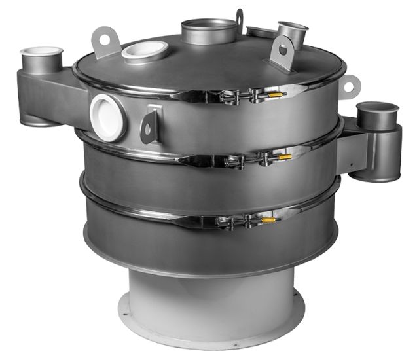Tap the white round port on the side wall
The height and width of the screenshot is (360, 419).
107,117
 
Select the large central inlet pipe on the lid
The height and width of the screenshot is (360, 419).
209,31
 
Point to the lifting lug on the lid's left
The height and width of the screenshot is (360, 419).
105,41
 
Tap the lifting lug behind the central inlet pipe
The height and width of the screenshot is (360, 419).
240,20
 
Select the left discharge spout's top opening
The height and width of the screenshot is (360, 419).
41,52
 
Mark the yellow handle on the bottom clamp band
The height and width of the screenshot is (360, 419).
268,221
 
